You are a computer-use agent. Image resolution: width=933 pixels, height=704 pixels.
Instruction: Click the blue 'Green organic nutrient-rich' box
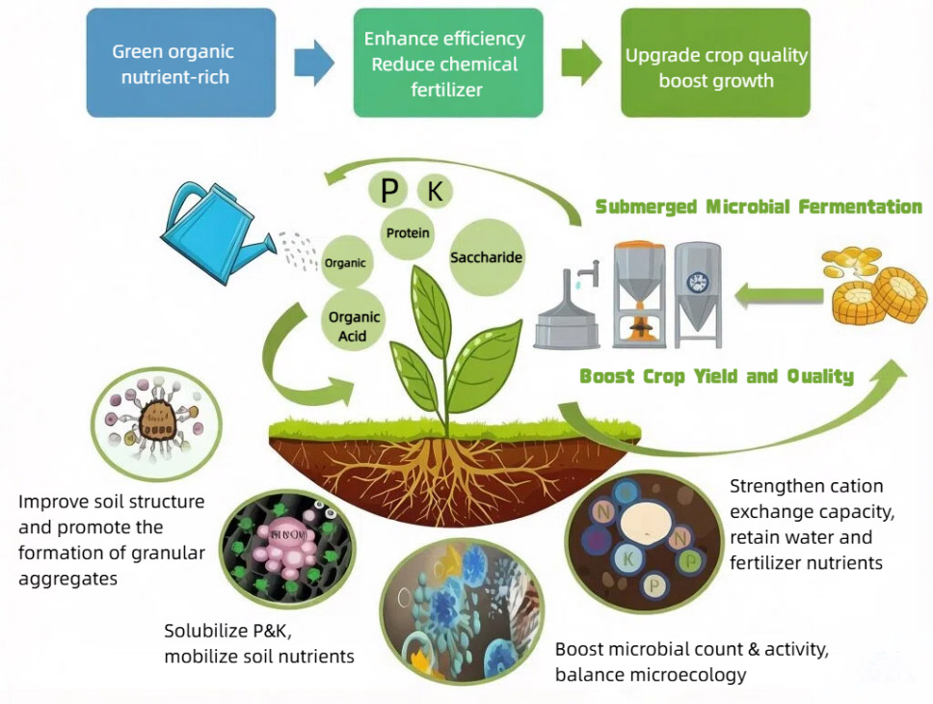pos(181,63)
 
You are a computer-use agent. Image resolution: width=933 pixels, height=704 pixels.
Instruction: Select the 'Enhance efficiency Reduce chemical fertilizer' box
pos(448,63)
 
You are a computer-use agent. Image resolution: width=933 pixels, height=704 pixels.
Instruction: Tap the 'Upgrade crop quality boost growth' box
pos(716,63)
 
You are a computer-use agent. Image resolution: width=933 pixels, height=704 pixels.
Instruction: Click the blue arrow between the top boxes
pos(314,63)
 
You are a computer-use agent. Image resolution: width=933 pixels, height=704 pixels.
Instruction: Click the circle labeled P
pos(388,190)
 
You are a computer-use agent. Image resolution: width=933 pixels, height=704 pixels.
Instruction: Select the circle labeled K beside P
pos(435,191)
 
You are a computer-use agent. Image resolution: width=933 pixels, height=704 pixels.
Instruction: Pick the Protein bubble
pos(408,232)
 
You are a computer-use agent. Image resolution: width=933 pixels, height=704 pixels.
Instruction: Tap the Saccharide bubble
pos(486,257)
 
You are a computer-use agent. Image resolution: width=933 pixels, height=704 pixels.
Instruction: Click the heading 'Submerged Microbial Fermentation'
pos(759,206)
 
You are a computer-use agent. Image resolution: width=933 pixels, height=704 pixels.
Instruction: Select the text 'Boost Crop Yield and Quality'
pos(716,376)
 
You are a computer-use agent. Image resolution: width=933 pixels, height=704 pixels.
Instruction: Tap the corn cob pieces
pos(875,285)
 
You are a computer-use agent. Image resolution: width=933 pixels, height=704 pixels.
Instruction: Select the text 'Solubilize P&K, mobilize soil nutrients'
pos(259,643)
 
